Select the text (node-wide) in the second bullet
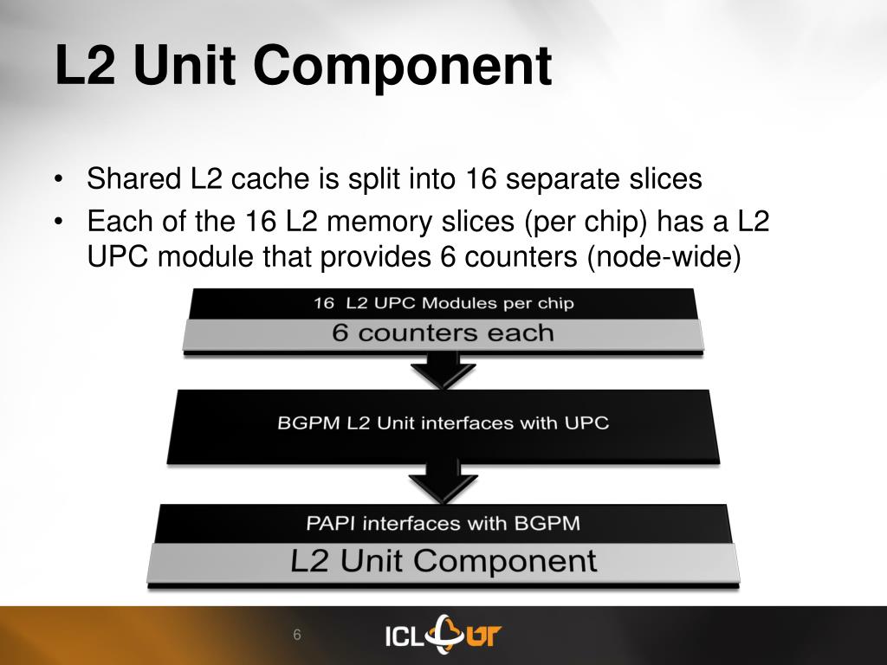(664, 257)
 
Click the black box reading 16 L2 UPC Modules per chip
(443, 303)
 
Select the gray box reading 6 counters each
(443, 333)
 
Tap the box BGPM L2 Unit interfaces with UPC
(443, 423)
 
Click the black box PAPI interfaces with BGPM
(443, 523)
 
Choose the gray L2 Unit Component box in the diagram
(443, 561)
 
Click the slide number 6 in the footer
(296, 636)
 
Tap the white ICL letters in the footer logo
(403, 636)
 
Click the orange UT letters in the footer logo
(481, 636)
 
